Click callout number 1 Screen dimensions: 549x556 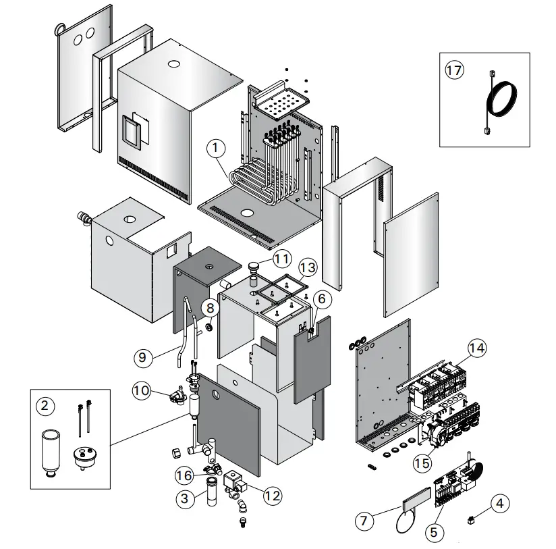pos(216,146)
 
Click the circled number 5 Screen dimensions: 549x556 pos(433,532)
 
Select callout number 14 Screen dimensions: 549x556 pos(477,348)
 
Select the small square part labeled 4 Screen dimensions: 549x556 pos(470,520)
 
